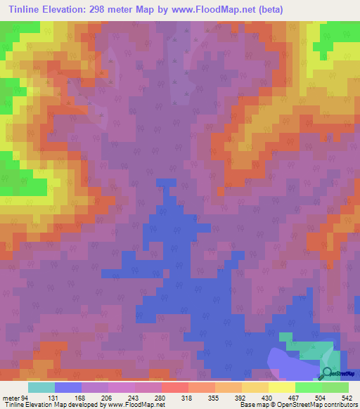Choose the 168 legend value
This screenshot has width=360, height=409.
click(94, 397)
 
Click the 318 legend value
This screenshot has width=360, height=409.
click(200, 397)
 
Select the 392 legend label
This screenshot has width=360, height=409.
click(253, 397)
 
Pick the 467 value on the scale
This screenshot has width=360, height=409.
click(306, 397)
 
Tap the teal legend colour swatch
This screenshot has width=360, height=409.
click(41, 387)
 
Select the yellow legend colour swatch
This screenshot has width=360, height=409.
click(281, 387)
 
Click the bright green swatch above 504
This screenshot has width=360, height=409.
click(308, 387)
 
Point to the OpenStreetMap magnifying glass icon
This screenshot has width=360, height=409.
click(328, 373)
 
